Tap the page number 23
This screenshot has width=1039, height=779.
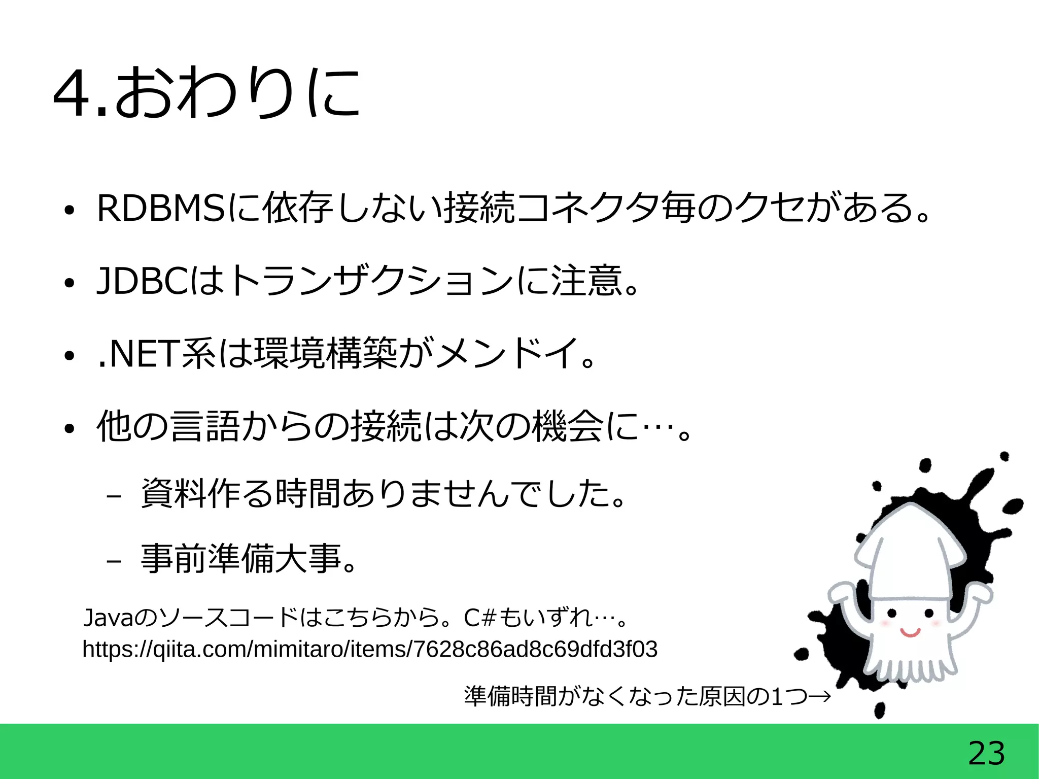(986, 753)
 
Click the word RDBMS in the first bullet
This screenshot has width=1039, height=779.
(160, 208)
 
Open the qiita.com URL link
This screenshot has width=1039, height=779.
(370, 649)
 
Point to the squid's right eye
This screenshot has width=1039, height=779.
(929, 614)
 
